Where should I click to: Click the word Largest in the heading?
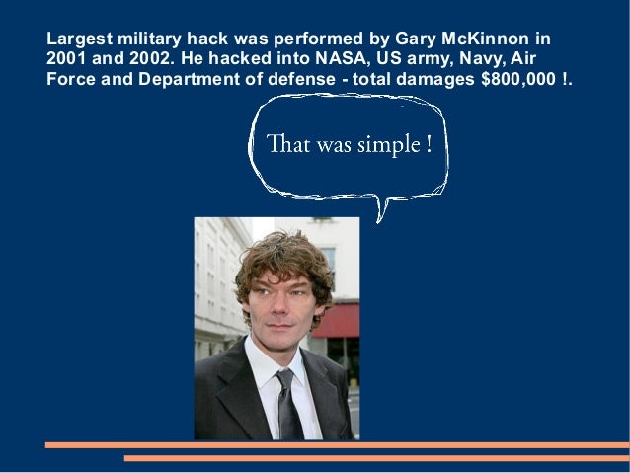point(77,38)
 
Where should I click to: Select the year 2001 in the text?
point(64,57)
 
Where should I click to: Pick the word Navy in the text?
point(477,57)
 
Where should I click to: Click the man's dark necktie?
point(287,405)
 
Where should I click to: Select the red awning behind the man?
point(337,320)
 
